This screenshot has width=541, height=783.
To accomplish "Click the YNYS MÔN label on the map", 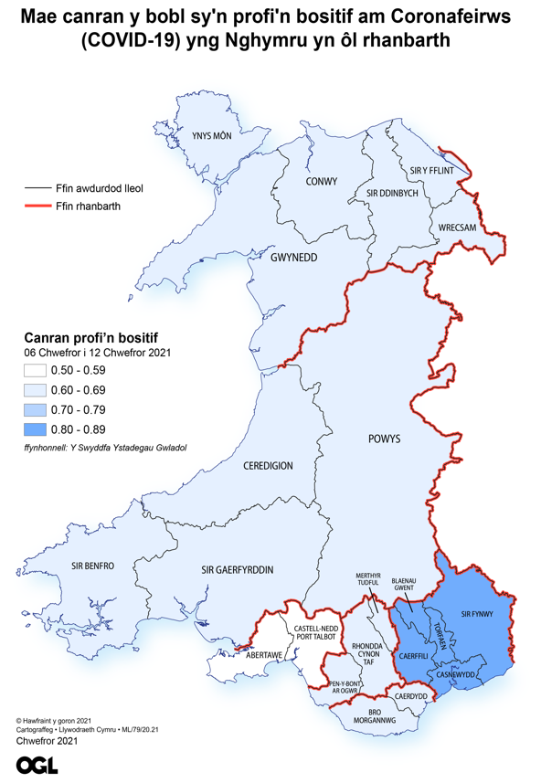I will pos(211,136).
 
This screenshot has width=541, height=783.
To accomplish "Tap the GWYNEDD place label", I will pos(293,258).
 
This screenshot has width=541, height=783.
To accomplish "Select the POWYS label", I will pos(385,439).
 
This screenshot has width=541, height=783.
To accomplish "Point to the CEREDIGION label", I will pos(268,466).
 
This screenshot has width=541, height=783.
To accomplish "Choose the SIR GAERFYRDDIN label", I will pos(237,570).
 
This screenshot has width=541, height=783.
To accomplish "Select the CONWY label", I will pos(321,181).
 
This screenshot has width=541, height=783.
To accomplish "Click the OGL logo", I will pos(37,765).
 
